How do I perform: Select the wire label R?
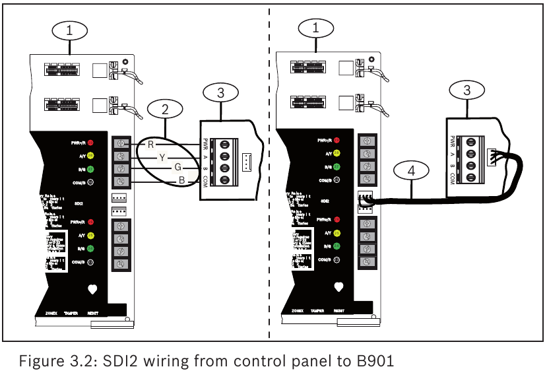(x=150, y=143)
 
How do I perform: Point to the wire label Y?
(x=162, y=156)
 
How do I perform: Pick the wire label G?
(x=178, y=169)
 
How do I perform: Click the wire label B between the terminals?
(x=189, y=181)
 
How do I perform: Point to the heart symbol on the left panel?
(x=92, y=288)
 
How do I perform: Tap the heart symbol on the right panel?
(x=339, y=287)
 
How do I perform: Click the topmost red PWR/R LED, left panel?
(x=91, y=143)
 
